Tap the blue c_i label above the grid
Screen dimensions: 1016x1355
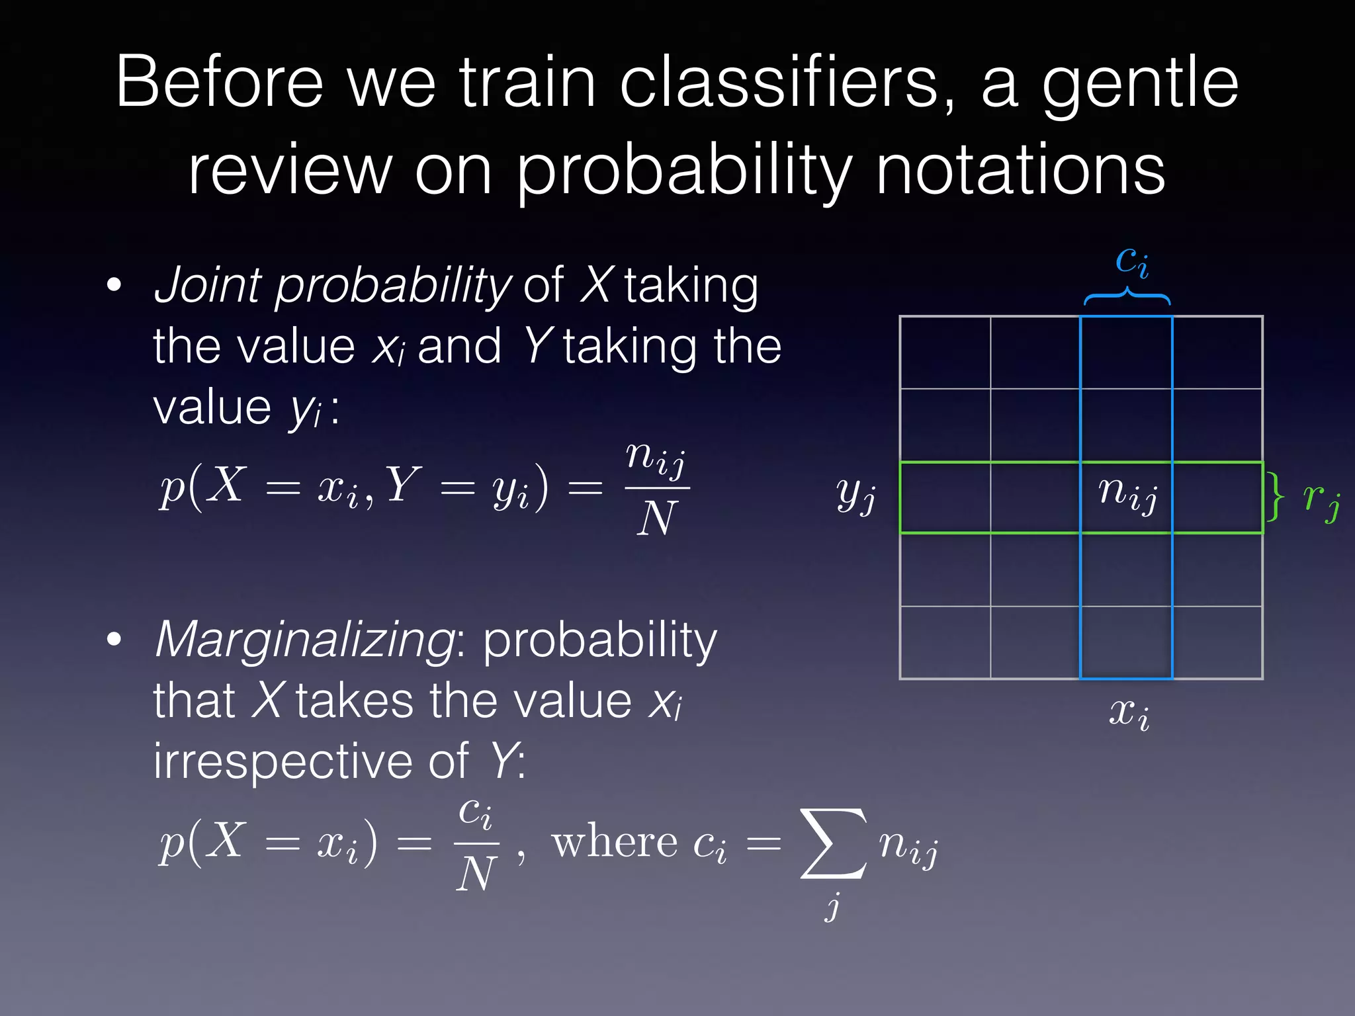coord(1131,261)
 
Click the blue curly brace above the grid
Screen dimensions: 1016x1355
coord(1127,296)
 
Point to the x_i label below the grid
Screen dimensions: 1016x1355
coord(1129,714)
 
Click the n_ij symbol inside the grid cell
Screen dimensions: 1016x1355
coord(1127,495)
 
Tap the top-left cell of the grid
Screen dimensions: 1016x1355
coord(945,353)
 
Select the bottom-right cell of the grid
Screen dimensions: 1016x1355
coord(1217,642)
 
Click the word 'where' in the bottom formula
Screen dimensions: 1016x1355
coord(615,843)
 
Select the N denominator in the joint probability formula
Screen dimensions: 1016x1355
coord(656,519)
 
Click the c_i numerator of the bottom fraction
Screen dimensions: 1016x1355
coord(476,812)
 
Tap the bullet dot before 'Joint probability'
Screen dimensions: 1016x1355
coord(114,285)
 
